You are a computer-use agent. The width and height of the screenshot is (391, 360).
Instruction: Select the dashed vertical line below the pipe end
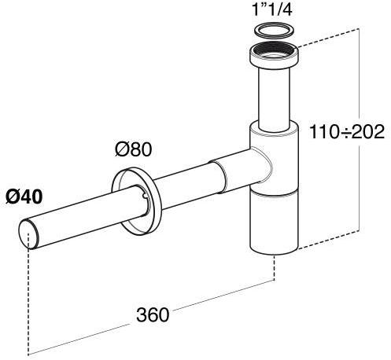tap(29, 299)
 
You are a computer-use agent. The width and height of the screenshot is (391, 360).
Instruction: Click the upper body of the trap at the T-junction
tap(275, 157)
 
